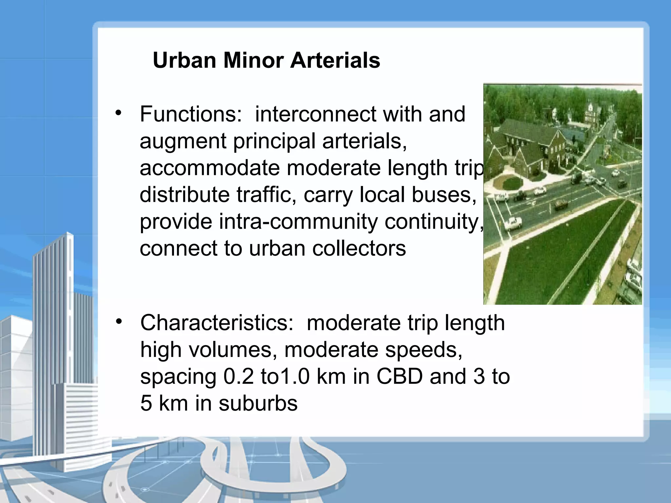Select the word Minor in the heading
pyautogui.click(x=253, y=61)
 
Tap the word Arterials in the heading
pyautogui.click(x=335, y=61)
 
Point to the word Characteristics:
pyautogui.click(x=217, y=323)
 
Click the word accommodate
pyautogui.click(x=210, y=168)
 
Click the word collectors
pyautogui.click(x=359, y=249)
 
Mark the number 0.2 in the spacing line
pyautogui.click(x=239, y=377)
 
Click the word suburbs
pyautogui.click(x=258, y=403)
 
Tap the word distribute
pyautogui.click(x=184, y=195)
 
